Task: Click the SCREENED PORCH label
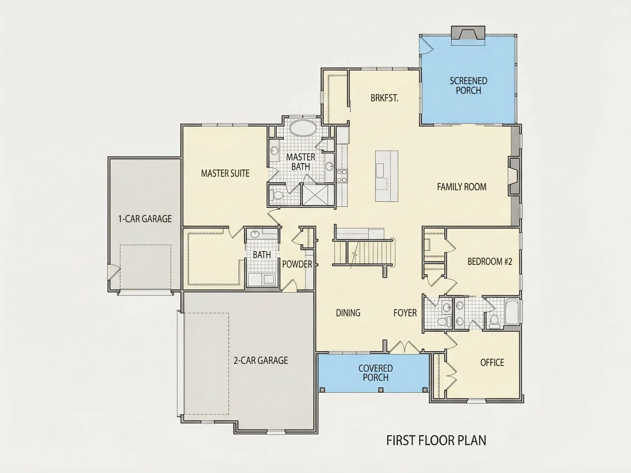pyautogui.click(x=468, y=85)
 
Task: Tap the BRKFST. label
pyautogui.click(x=384, y=98)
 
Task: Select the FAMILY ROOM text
pyautogui.click(x=461, y=187)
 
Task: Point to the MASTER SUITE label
pyautogui.click(x=225, y=173)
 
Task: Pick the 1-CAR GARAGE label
pyautogui.click(x=145, y=219)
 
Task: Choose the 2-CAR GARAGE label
pyautogui.click(x=261, y=360)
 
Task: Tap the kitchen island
pyautogui.click(x=386, y=176)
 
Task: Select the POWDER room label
pyautogui.click(x=297, y=264)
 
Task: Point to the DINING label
pyautogui.click(x=348, y=313)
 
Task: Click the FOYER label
pyautogui.click(x=405, y=313)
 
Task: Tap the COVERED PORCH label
pyautogui.click(x=375, y=373)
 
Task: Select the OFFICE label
pyautogui.click(x=492, y=362)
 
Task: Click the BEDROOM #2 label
pyautogui.click(x=490, y=261)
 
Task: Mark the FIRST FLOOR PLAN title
pyautogui.click(x=436, y=440)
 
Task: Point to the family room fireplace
pyautogui.click(x=514, y=177)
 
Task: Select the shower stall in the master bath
pyautogui.click(x=318, y=195)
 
